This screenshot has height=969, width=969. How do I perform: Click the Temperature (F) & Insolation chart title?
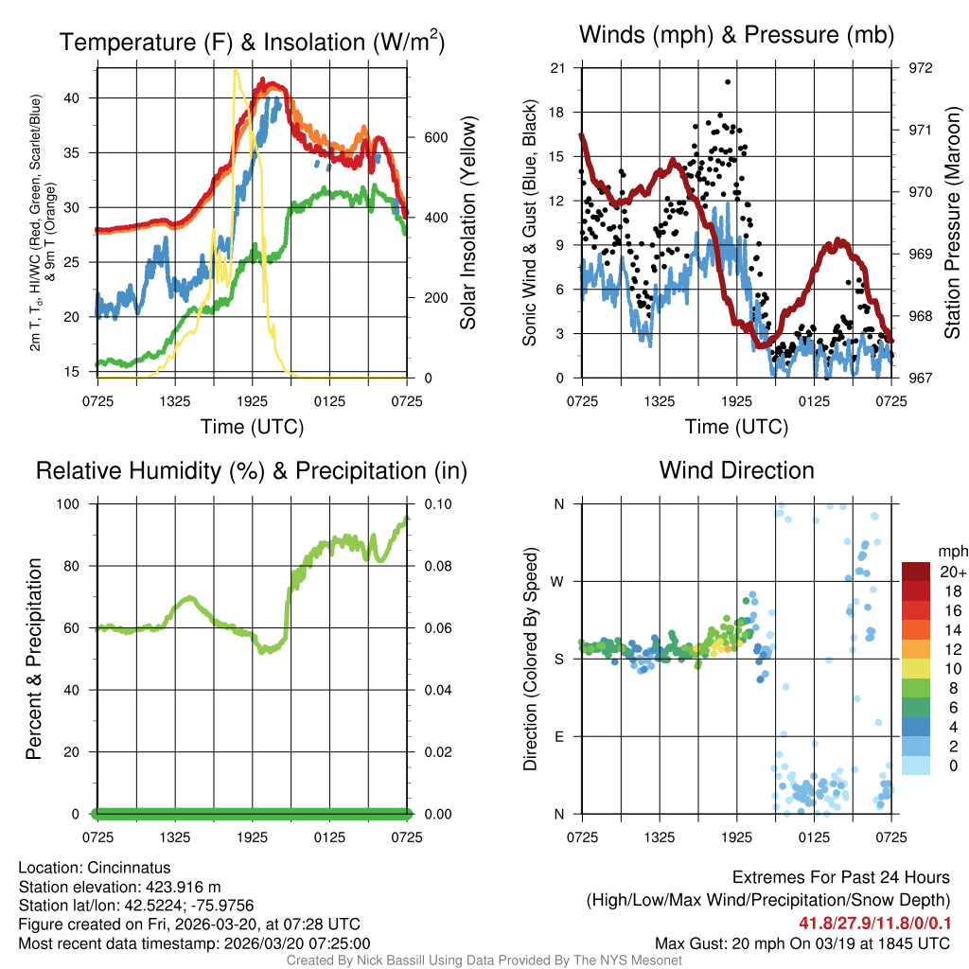(252, 42)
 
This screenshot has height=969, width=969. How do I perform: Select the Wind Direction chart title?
(736, 470)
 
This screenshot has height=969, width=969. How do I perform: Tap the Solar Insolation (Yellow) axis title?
(467, 222)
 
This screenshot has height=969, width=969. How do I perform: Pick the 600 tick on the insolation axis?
(423, 137)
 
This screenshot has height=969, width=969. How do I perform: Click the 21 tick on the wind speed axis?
(557, 68)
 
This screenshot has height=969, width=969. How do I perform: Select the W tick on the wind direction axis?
(558, 581)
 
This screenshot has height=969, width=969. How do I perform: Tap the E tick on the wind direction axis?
(559, 736)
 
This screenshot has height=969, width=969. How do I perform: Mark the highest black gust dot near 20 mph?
(728, 82)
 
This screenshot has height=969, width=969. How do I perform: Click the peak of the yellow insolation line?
(237, 71)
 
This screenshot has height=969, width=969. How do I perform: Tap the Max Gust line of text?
(802, 943)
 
